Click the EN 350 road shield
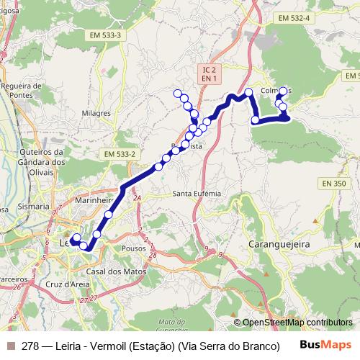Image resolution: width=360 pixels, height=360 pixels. (x=334, y=184)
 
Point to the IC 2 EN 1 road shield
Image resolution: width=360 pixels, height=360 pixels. (x=210, y=73)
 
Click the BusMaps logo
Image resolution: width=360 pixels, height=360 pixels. (x=326, y=345)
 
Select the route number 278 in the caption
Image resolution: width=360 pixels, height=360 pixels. (x=31, y=346)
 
